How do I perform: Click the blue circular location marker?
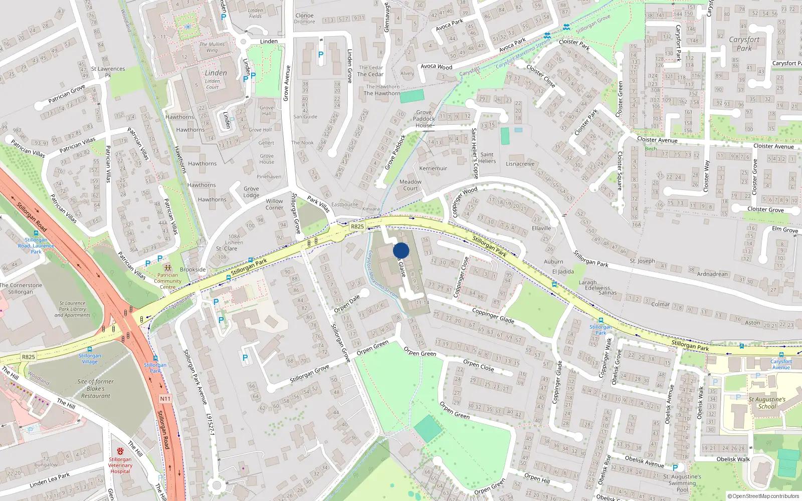pyautogui.click(x=401, y=250)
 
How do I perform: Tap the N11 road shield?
pyautogui.click(x=165, y=399)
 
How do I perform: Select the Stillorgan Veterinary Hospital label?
pyautogui.click(x=120, y=465)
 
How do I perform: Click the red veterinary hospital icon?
pyautogui.click(x=120, y=451)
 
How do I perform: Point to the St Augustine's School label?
pyautogui.click(x=767, y=403)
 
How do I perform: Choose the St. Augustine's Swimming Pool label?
pyautogui.click(x=682, y=483)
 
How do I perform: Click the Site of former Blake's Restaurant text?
pyautogui.click(x=95, y=388)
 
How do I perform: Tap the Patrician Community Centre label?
pyautogui.click(x=167, y=281)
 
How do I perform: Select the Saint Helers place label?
pyautogui.click(x=487, y=158)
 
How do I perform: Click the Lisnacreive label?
pyautogui.click(x=520, y=164)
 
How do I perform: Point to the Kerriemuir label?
pyautogui.click(x=433, y=168)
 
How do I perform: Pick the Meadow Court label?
pyautogui.click(x=410, y=185)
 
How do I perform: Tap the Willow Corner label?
pyautogui.click(x=274, y=204)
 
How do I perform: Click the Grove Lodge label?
pyautogui.click(x=251, y=192)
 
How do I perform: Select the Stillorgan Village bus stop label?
pyautogui.click(x=90, y=358)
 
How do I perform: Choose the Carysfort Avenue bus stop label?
pyautogui.click(x=781, y=364)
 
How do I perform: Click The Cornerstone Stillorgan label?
pyautogui.click(x=21, y=288)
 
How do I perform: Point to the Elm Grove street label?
pyautogui.click(x=784, y=229)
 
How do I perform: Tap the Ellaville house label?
pyautogui.click(x=541, y=228)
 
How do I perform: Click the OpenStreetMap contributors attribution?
pyautogui.click(x=763, y=496)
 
